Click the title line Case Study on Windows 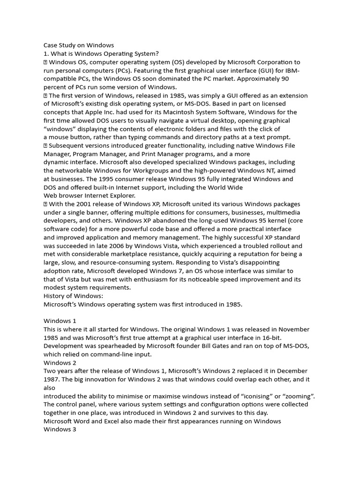point(79,45)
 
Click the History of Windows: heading point(73,296)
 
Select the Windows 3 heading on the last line point(60,429)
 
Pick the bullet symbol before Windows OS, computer point(45,62)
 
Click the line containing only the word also point(50,388)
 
